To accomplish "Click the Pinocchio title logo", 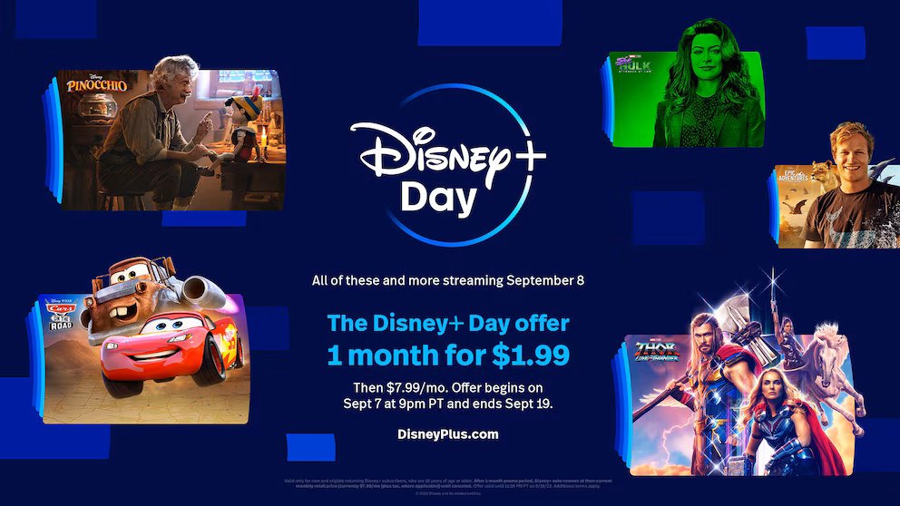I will pos(96,84).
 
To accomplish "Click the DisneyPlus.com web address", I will pos(448,433).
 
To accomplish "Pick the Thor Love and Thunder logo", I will pos(656,350).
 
